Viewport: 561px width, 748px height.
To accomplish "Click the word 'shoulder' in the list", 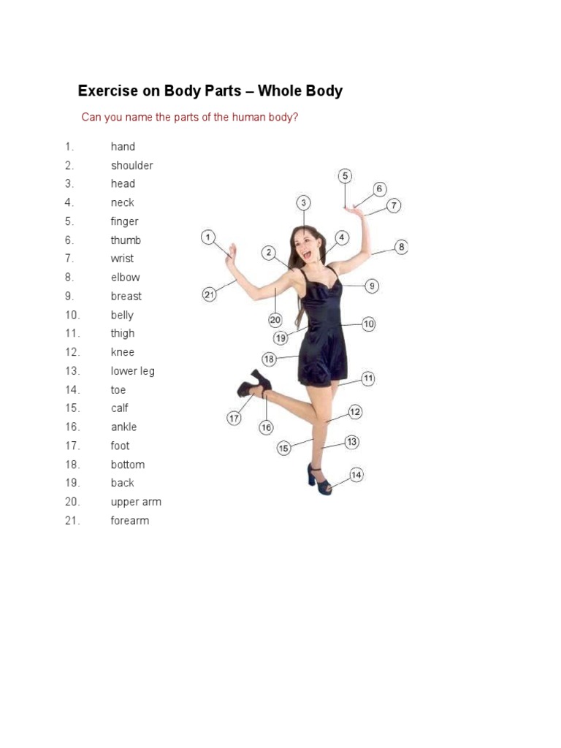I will coord(131,165).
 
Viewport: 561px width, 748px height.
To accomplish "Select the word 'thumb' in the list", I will coord(126,240).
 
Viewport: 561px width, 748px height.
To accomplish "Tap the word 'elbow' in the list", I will coord(125,277).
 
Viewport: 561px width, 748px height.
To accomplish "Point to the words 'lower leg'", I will coord(132,370).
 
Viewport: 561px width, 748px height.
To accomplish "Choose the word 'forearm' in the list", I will coord(129,520).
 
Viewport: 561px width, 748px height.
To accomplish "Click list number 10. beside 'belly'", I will coord(72,315).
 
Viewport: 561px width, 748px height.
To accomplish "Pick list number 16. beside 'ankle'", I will coord(72,427).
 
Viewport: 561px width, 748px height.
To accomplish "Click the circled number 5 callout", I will coord(345,176).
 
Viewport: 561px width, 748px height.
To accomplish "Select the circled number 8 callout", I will coord(400,247).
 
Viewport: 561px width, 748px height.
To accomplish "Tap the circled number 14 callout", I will coord(356,475).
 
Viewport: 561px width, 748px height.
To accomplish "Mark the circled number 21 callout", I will coord(209,294).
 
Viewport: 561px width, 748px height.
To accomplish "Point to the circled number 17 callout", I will coord(234,419).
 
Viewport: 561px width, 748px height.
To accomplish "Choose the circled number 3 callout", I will coord(304,202).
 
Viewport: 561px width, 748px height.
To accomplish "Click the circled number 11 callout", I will coord(367,378).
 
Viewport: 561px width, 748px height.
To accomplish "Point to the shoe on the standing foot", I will coord(318,478).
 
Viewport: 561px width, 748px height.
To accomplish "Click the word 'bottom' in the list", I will coord(127,464).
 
